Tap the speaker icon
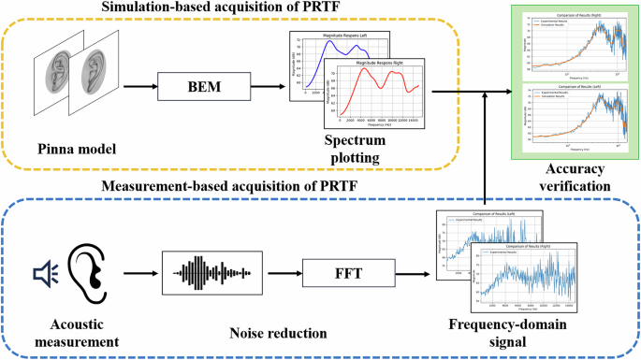[44, 273]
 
